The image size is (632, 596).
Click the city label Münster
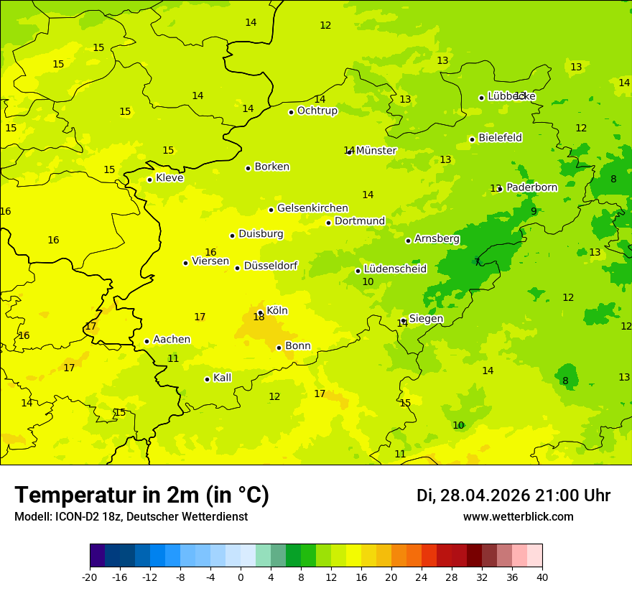[376, 151]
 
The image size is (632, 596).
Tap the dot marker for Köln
[261, 312]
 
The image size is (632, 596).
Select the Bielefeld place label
[500, 138]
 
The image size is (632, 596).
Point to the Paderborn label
[531, 187]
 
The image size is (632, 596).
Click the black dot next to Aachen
[147, 341]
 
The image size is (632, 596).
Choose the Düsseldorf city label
[270, 266]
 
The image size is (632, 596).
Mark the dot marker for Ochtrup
[291, 112]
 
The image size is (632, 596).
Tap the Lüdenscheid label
[395, 269]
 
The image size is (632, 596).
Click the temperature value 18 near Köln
[259, 317]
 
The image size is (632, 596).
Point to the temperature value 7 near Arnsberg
[477, 262]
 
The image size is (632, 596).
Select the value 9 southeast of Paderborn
[534, 211]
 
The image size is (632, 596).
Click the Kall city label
[222, 378]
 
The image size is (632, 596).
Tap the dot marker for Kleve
[149, 180]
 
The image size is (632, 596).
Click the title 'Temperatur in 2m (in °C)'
[141, 495]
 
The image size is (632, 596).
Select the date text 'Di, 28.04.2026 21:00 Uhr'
[513, 495]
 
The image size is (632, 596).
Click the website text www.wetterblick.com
[518, 517]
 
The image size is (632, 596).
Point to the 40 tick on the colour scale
[542, 577]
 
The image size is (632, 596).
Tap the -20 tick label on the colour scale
[90, 577]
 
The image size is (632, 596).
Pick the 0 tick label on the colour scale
[241, 577]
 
